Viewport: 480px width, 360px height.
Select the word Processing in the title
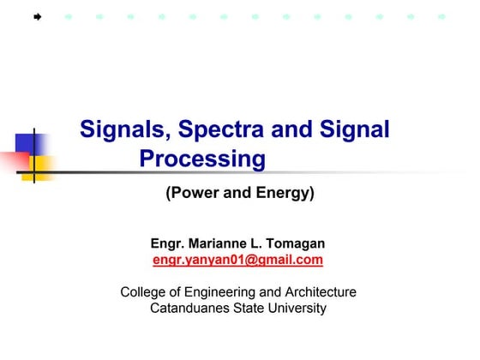202,159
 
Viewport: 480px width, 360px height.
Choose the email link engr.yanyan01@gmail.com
237,260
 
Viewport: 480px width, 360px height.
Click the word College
144,291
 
